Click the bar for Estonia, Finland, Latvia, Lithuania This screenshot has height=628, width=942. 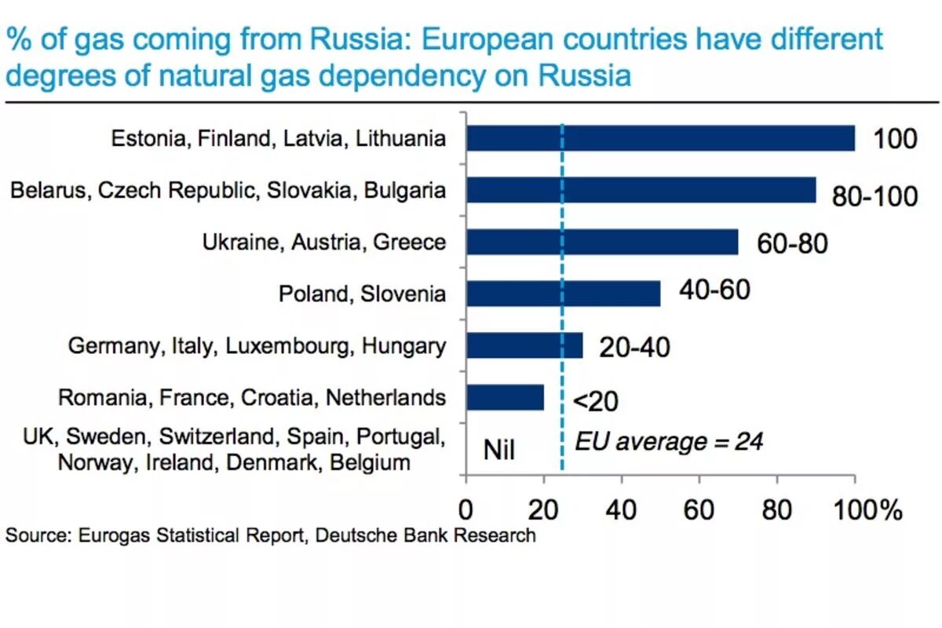pyautogui.click(x=660, y=138)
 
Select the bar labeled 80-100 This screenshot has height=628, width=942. pyautogui.click(x=641, y=190)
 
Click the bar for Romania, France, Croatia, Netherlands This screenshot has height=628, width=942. pyautogui.click(x=505, y=397)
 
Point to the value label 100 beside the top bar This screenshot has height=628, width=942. pyautogui.click(x=895, y=139)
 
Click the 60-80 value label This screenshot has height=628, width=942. pyautogui.click(x=792, y=243)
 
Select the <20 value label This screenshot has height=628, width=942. pyautogui.click(x=595, y=402)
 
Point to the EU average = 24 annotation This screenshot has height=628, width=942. pyautogui.click(x=669, y=441)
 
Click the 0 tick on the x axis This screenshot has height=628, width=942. pyautogui.click(x=466, y=510)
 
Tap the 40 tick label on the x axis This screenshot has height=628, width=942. pyautogui.click(x=621, y=510)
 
